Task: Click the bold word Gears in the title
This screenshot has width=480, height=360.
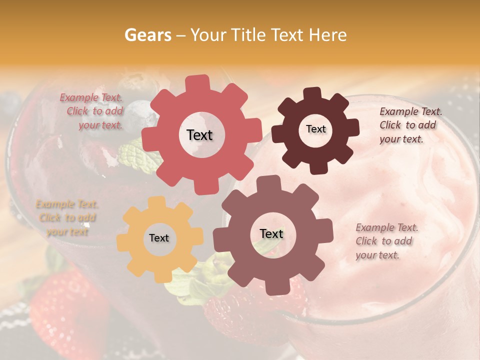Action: tap(147, 35)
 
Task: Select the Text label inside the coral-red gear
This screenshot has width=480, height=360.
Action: tap(199, 135)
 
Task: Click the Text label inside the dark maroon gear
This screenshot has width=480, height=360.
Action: tap(315, 129)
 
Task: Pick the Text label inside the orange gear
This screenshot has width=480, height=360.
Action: tap(159, 238)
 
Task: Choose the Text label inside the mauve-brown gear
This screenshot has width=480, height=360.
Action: tap(271, 233)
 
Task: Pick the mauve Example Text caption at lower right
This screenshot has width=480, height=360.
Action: tap(385, 241)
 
